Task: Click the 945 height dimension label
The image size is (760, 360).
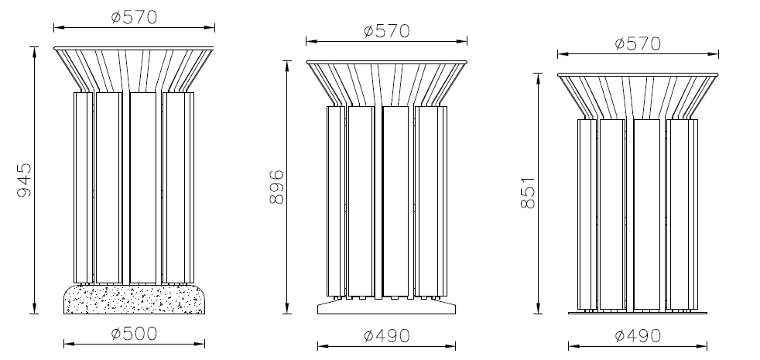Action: (24, 180)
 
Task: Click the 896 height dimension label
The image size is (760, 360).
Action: (277, 187)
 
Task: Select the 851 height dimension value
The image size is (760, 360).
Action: (528, 193)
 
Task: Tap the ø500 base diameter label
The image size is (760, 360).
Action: (134, 334)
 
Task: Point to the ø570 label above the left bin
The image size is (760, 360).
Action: (134, 18)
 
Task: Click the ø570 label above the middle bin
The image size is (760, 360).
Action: (387, 31)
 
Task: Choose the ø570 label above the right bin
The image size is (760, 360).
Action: (638, 44)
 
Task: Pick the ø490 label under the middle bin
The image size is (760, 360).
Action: (387, 336)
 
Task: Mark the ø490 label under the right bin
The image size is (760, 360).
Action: (638, 336)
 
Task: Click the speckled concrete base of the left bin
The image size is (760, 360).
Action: (134, 300)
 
